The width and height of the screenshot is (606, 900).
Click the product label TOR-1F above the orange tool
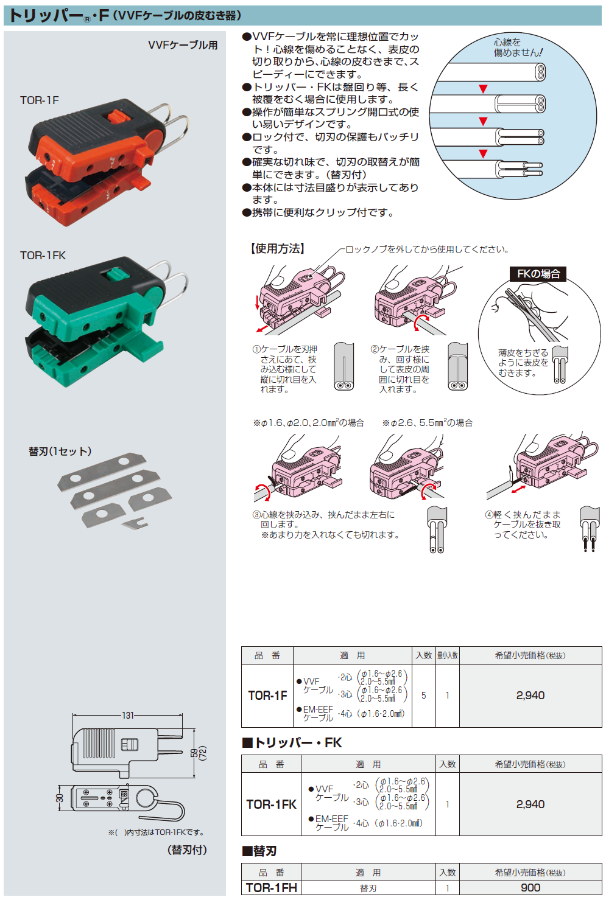39,100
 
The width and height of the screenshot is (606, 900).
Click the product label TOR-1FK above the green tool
43,256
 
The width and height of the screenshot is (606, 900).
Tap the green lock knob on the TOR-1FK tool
115,274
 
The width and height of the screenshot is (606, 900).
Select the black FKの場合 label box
538,274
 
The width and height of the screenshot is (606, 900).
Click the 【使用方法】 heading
277,248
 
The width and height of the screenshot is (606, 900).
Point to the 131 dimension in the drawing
127,715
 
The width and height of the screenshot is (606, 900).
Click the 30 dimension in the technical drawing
60,797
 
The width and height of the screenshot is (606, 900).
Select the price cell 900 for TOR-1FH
530,888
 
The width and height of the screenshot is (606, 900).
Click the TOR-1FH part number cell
271,888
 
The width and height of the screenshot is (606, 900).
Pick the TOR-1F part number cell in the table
267,696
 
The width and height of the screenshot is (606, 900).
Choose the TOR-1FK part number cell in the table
271,804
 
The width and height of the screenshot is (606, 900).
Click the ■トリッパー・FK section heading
292,742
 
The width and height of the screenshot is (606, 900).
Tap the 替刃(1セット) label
60,452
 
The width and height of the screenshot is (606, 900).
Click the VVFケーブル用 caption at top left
183,45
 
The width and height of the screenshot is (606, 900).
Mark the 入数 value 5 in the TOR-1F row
423,696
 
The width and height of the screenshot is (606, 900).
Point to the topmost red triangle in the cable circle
483,89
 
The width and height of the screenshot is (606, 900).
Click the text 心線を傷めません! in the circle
517,47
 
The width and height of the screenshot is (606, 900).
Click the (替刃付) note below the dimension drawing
187,850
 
